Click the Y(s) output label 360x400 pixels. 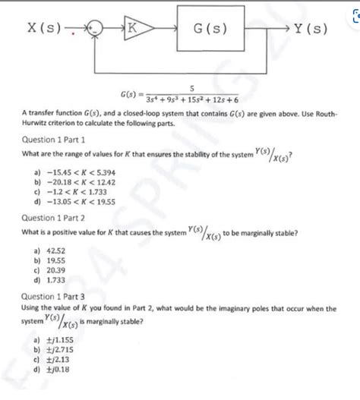[x=307, y=30]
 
